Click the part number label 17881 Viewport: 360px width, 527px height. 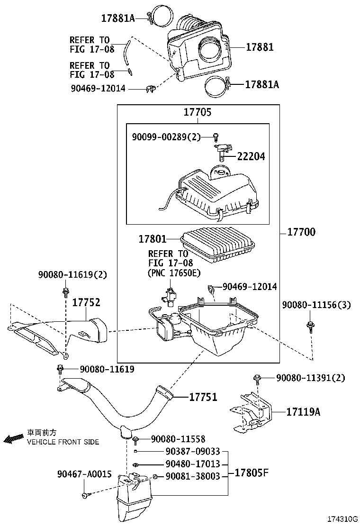[260, 47]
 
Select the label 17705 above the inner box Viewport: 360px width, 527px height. [198, 113]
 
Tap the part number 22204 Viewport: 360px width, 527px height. [251, 156]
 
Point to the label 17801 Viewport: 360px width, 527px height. [153, 240]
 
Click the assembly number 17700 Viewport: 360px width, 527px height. [301, 232]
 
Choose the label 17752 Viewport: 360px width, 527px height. [86, 302]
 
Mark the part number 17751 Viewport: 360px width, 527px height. [203, 397]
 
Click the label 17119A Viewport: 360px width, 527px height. [303, 412]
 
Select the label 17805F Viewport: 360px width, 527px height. [250, 472]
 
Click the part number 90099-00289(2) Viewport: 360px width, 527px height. [166, 137]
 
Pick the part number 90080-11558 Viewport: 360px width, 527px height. [178, 439]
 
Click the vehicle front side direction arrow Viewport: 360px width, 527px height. [13, 439]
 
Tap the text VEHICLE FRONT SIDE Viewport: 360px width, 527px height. [63, 442]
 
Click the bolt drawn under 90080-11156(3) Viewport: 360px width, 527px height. [311, 327]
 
